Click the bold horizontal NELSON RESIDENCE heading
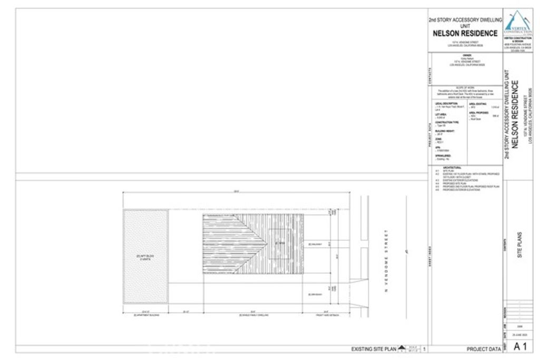coord(465,33)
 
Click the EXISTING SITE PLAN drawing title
coord(373,349)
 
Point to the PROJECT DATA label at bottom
coord(484,349)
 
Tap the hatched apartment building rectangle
coord(146,256)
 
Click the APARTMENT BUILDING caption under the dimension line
coord(146,315)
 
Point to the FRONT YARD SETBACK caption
coord(327,315)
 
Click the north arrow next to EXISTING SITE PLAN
coord(402,348)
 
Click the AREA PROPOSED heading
coord(478,112)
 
